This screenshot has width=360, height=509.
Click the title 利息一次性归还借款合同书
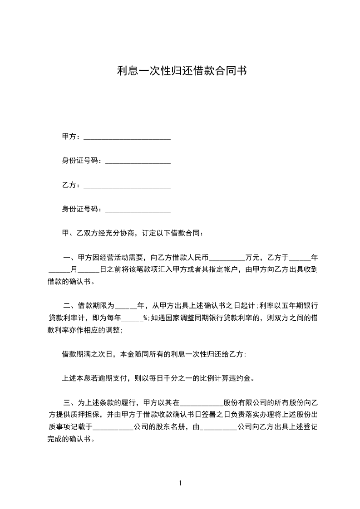(x=182, y=71)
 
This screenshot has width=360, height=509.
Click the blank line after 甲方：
(x=127, y=137)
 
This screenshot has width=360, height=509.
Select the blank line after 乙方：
(x=127, y=186)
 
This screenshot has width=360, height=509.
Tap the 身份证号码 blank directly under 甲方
(x=138, y=161)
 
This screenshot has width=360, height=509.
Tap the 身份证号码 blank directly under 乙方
(x=138, y=210)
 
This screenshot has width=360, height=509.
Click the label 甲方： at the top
(x=72, y=137)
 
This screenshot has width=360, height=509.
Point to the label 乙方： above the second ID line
(x=72, y=185)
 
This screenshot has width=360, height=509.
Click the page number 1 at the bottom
(x=180, y=484)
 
